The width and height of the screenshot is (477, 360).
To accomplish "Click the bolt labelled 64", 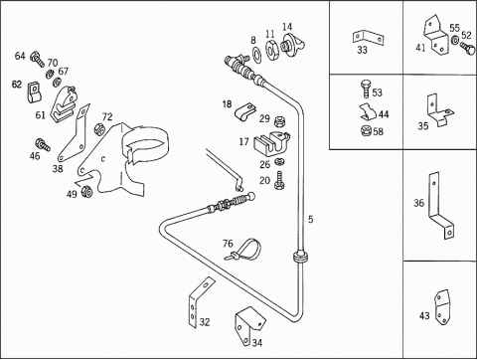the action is [37, 60].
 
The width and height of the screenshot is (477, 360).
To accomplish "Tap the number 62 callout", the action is [17, 85].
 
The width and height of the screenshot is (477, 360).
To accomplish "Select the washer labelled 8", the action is [256, 53].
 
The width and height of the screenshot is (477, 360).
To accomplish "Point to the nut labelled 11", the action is [272, 50].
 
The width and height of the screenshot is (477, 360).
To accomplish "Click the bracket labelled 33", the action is [368, 37].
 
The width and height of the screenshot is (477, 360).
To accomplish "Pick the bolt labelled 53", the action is [366, 89].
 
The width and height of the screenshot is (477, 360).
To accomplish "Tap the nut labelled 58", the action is [367, 130].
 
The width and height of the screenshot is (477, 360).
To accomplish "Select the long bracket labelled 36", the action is [439, 206].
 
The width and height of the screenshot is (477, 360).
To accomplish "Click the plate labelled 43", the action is [442, 307].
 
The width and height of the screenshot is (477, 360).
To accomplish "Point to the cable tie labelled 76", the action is [245, 250].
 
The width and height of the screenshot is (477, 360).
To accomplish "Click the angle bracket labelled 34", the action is [249, 325].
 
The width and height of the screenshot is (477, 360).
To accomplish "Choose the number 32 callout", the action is [205, 321].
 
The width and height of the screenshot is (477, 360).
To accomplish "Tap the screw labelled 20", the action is [280, 180].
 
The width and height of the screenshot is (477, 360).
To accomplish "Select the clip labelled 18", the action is [245, 111].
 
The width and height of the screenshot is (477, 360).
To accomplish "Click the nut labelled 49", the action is [86, 191].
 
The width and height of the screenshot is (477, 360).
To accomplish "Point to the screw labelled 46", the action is [43, 144].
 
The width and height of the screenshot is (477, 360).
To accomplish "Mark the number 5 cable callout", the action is [310, 219].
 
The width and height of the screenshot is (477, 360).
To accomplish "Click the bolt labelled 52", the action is [468, 49].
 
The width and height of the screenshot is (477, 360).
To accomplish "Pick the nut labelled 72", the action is [99, 129].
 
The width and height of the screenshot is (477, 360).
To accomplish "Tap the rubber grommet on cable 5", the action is [301, 257].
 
